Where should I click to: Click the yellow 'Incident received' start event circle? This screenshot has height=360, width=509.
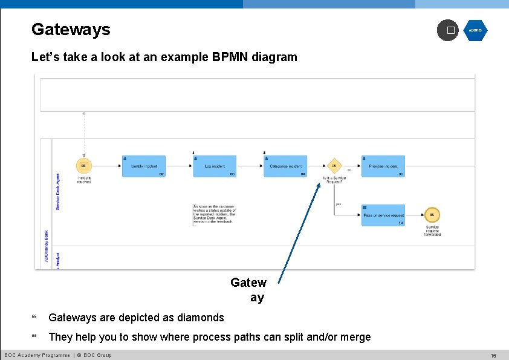pyautogui.click(x=83, y=166)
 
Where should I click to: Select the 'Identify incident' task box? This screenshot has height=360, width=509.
pyautogui.click(x=144, y=166)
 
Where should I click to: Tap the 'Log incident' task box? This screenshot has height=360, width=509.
pyautogui.click(x=215, y=166)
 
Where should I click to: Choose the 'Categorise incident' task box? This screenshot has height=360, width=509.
pyautogui.click(x=285, y=166)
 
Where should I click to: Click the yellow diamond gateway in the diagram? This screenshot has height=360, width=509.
pyautogui.click(x=334, y=166)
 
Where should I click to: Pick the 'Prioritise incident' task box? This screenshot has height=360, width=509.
pyautogui.click(x=383, y=166)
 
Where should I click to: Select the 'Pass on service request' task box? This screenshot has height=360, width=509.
pyautogui.click(x=383, y=215)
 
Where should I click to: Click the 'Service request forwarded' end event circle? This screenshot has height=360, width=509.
pyautogui.click(x=432, y=215)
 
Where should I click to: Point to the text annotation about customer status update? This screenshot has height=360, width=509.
pyautogui.click(x=215, y=214)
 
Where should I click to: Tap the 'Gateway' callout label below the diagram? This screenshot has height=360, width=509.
pyautogui.click(x=249, y=290)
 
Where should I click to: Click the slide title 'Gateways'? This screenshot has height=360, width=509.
pyautogui.click(x=71, y=29)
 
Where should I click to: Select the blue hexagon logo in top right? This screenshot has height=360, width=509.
pyautogui.click(x=475, y=30)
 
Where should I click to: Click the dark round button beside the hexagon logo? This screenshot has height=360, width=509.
pyautogui.click(x=448, y=30)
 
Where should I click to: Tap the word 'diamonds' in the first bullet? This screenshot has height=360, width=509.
pyautogui.click(x=202, y=318)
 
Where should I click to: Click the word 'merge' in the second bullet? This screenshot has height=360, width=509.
pyautogui.click(x=355, y=337)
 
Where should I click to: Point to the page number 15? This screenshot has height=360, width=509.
pyautogui.click(x=493, y=356)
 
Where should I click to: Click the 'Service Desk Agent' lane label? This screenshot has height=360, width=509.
pyautogui.click(x=58, y=192)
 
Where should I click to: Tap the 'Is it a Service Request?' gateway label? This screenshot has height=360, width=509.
pyautogui.click(x=334, y=180)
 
